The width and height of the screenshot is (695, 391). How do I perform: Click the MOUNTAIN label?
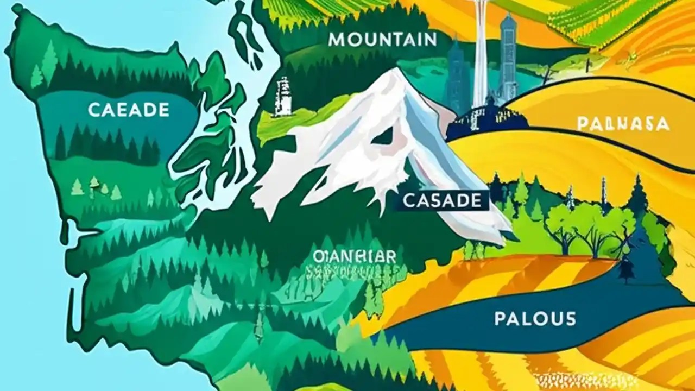click(382, 39)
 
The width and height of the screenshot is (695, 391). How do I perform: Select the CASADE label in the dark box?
click(442, 201)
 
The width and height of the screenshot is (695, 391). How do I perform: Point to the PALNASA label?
click(622, 124)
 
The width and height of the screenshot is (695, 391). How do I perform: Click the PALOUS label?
click(535, 318)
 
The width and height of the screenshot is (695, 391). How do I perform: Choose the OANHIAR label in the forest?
click(355, 256)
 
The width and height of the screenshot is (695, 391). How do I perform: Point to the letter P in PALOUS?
click(499, 318)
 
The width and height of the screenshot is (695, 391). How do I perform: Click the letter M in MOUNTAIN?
click(337, 40)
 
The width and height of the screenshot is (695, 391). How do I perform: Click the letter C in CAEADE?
click(93, 110)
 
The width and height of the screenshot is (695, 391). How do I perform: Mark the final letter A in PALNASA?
click(663, 124)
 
